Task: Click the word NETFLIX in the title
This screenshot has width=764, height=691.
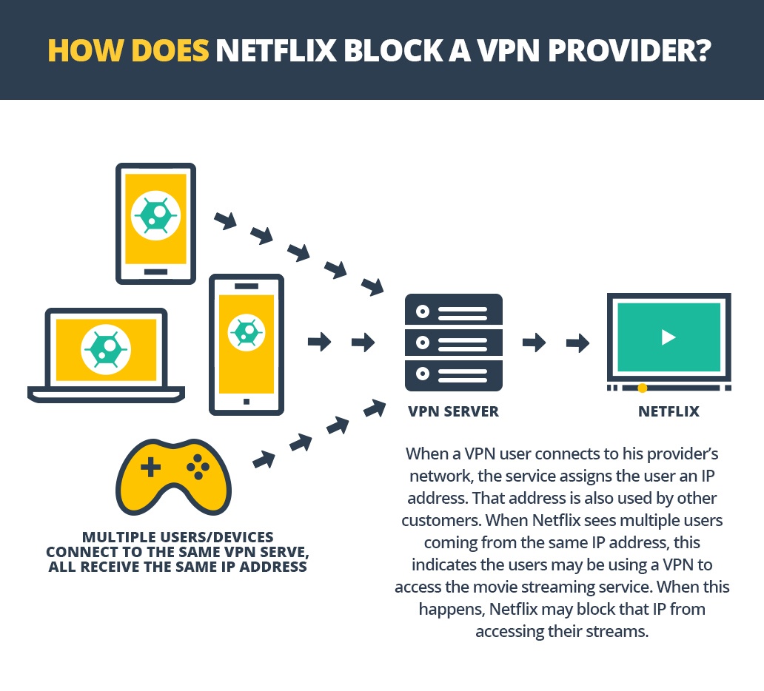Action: (x=276, y=50)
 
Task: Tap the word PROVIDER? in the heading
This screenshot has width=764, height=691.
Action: (x=629, y=50)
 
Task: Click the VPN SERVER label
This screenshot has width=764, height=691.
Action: (x=453, y=411)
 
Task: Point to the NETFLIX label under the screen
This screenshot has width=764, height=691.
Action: (x=668, y=411)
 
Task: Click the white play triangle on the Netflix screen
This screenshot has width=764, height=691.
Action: (x=668, y=337)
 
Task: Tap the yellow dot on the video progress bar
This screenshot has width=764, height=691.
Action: (x=642, y=388)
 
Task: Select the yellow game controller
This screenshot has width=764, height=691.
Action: (x=173, y=476)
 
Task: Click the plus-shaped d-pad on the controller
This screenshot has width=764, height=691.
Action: (x=150, y=467)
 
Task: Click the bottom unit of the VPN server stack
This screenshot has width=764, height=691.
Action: (x=454, y=375)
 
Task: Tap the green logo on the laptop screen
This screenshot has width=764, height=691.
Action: (x=106, y=349)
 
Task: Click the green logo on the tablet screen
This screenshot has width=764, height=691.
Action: (x=156, y=215)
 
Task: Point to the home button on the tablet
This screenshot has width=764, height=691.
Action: (x=156, y=272)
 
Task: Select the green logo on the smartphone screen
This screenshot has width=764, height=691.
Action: (x=247, y=333)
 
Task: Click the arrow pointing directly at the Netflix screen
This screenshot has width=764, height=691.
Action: (x=578, y=343)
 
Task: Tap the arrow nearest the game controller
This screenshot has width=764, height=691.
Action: (x=264, y=459)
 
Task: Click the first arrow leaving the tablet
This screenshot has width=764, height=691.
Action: (x=226, y=220)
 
